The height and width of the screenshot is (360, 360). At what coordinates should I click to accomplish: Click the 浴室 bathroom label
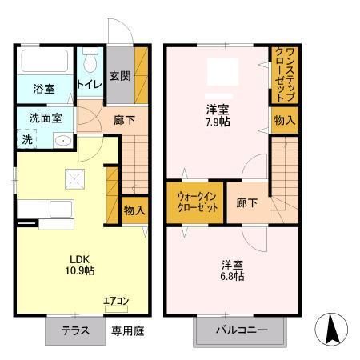pyautogui.click(x=43, y=88)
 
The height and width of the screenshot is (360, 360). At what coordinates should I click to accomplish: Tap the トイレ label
pyautogui.click(x=87, y=84)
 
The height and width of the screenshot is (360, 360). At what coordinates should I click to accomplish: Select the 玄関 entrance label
pyautogui.click(x=120, y=77)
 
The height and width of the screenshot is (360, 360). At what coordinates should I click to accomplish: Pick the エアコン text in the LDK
pyautogui.click(x=115, y=301)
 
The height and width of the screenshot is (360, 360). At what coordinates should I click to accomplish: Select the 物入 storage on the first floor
pyautogui.click(x=134, y=210)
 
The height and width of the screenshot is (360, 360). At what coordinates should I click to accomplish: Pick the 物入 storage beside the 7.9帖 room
pyautogui.click(x=283, y=120)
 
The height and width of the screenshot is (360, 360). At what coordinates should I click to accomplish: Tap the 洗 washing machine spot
pyautogui.click(x=26, y=138)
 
